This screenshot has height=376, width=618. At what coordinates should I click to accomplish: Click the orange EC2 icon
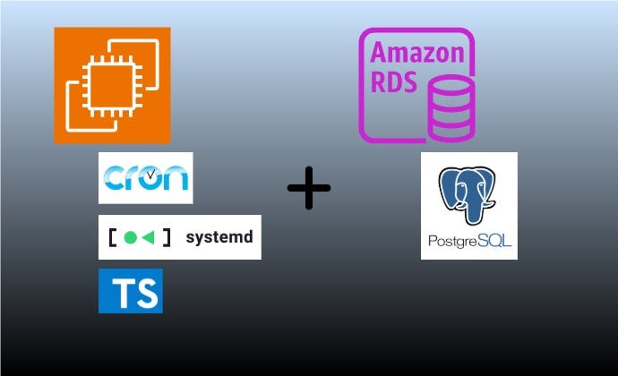112,85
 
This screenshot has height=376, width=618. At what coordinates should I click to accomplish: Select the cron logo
145,178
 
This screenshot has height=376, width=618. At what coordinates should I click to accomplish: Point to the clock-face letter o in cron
150,179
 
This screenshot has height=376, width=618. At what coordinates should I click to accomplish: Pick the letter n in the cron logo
176,179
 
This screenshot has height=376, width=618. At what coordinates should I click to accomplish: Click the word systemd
219,238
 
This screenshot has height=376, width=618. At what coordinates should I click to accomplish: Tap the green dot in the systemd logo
131,238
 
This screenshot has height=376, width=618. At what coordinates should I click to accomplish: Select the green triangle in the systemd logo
149,238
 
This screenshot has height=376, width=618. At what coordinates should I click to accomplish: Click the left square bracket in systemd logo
112,238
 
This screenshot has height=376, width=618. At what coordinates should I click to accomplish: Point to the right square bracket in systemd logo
167,238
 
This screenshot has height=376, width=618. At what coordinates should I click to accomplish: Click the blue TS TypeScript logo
131,291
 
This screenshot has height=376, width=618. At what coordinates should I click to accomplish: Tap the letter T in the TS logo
120,294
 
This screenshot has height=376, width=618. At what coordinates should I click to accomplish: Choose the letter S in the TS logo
144,294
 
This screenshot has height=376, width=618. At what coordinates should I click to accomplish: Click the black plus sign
309,188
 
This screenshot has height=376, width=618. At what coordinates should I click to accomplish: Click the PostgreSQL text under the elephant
468,241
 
